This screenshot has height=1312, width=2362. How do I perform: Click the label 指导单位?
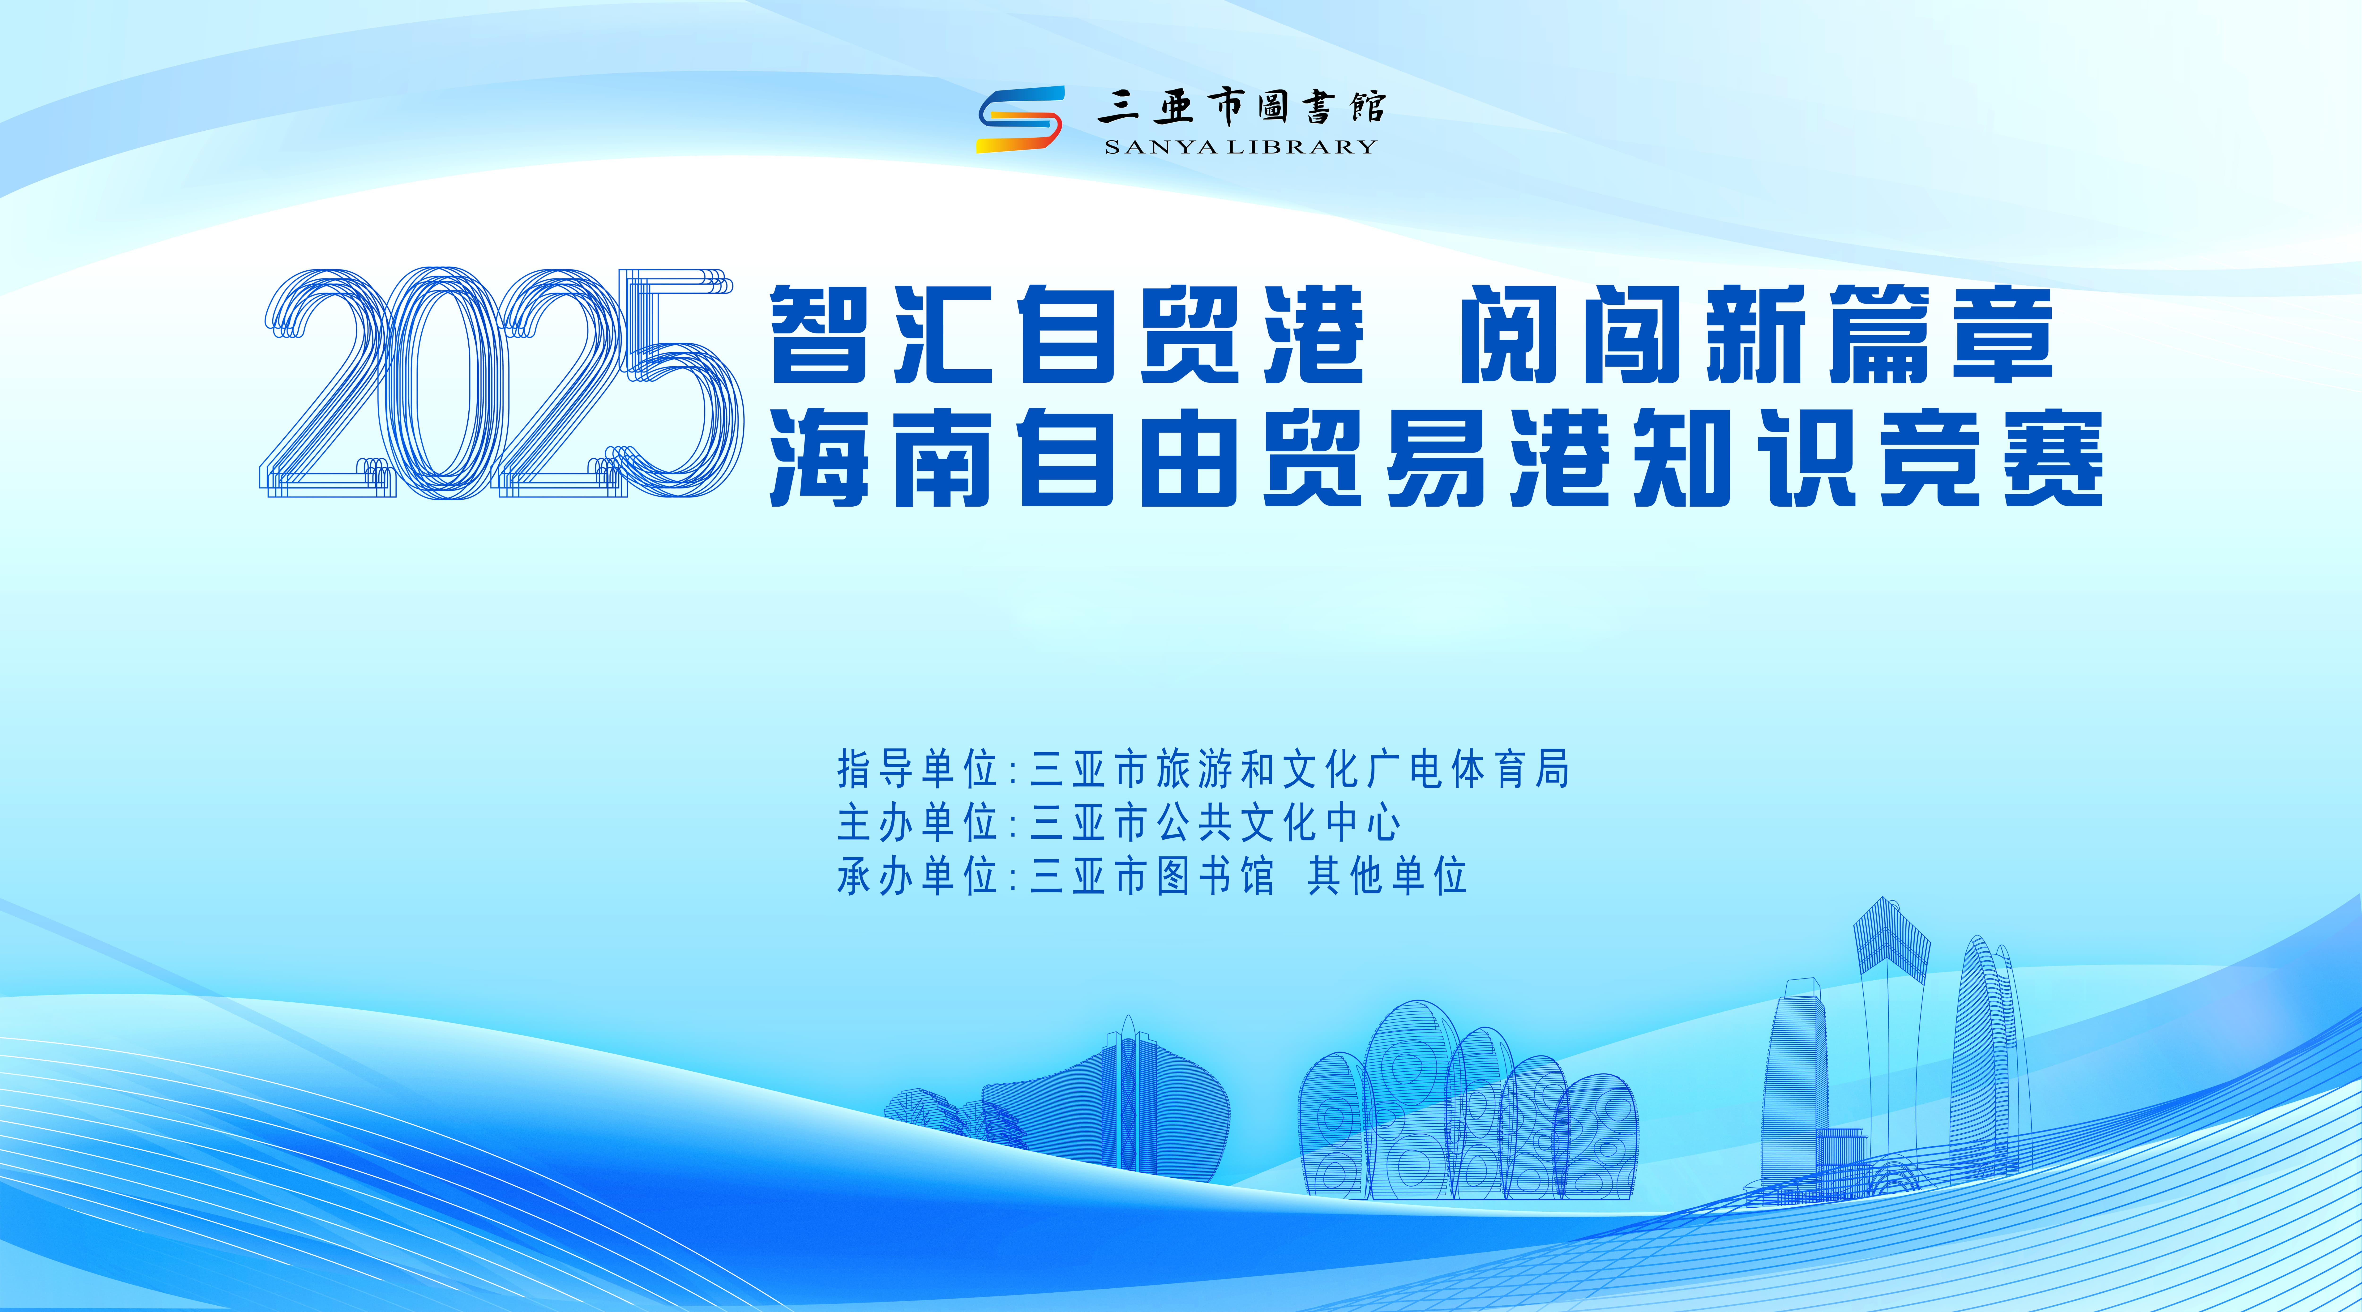click(917, 768)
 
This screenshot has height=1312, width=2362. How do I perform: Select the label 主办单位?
click(917, 822)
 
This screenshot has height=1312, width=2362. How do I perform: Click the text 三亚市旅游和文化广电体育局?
click(1300, 768)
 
